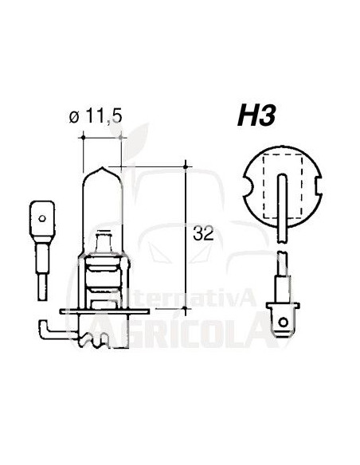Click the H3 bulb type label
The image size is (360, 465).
pyautogui.click(x=260, y=117)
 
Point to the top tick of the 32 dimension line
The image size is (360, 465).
pyautogui.click(x=186, y=166)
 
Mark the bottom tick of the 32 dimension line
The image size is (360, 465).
pyautogui.click(x=186, y=307)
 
